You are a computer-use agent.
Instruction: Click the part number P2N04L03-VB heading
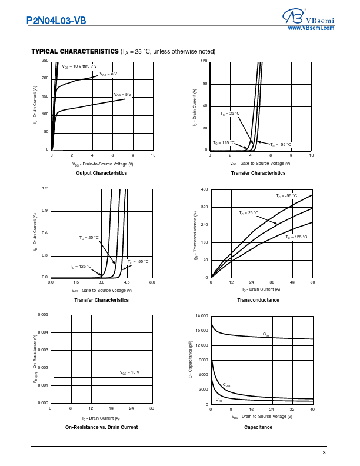[x=56, y=21]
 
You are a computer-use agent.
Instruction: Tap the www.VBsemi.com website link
[x=311, y=28]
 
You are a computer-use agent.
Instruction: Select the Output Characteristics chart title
[x=101, y=173]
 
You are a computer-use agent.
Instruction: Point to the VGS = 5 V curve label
[x=122, y=94]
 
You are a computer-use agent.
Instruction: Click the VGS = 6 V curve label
[x=108, y=74]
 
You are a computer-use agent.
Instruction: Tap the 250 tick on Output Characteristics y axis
[x=45, y=61]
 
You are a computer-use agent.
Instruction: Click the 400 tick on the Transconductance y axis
[x=205, y=189]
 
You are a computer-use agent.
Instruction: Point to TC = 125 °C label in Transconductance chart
[x=296, y=237]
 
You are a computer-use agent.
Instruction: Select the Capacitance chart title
[x=258, y=427]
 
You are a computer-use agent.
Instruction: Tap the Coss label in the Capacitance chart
[x=226, y=385]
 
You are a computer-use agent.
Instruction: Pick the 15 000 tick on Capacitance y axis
[x=201, y=331]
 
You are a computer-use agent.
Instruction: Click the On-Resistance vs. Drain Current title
[x=101, y=427]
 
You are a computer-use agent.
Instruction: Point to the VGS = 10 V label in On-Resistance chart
[x=130, y=372]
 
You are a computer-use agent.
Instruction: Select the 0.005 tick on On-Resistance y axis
[x=43, y=315]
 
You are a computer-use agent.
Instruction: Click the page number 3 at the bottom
[x=324, y=452]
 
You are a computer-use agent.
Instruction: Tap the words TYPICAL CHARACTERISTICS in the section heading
[x=75, y=51]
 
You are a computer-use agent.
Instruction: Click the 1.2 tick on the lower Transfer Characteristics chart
[x=45, y=188]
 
